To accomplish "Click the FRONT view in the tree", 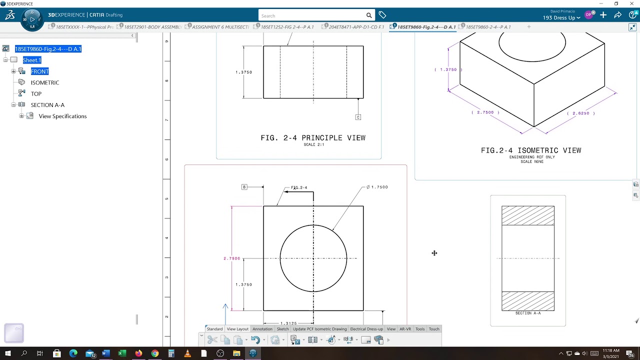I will [39, 71].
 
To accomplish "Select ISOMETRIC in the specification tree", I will [45, 82].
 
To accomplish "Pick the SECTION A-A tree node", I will [47, 105].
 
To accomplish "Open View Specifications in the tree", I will [62, 116].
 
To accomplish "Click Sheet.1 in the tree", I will [31, 60].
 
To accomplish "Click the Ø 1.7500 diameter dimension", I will [377, 187].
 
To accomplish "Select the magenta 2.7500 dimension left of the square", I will [231, 258].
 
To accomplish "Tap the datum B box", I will [244, 187].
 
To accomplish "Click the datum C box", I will [358, 117].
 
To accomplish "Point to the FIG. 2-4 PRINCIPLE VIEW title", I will [313, 138].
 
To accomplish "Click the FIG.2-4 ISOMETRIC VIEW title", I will [531, 150].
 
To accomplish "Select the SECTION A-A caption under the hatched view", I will [528, 313].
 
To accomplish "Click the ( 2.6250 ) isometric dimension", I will [581, 113].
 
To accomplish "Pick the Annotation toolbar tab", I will [262, 329].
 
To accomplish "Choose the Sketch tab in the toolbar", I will [282, 329].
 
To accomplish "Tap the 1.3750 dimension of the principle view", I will [244, 72].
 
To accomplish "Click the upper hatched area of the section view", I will [528, 215].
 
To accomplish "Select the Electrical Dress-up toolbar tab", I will [366, 329].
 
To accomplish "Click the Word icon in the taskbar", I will [105, 353].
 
